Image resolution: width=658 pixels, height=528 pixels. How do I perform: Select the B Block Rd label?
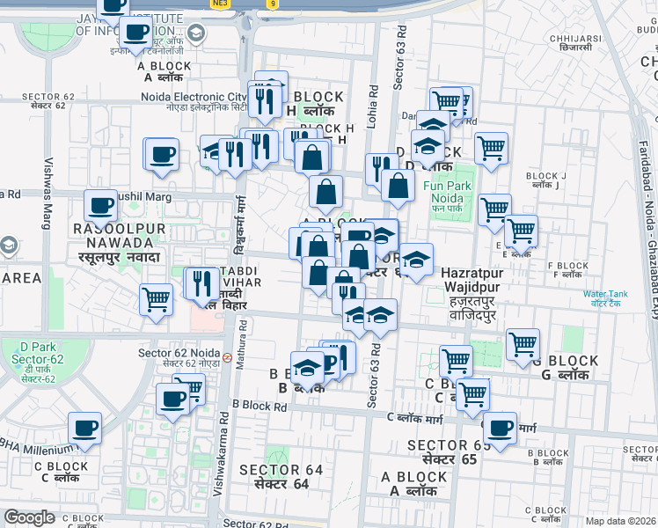click(260, 407)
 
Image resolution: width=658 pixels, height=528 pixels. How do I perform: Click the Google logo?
click(29, 517)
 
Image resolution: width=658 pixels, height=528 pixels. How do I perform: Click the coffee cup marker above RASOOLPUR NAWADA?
click(101, 207)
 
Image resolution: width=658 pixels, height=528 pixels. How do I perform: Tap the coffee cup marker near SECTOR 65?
click(501, 429)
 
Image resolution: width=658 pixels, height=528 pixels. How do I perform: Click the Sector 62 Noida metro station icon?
click(227, 358)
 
